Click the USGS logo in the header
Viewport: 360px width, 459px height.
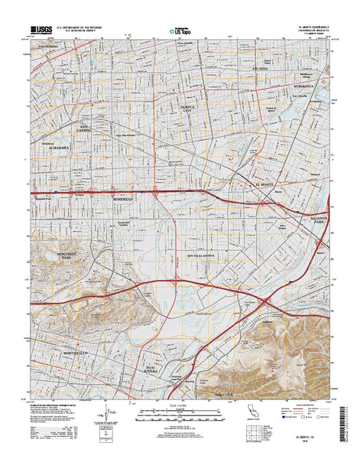coord(43,30)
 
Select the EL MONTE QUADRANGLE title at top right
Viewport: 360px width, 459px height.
coord(311,26)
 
